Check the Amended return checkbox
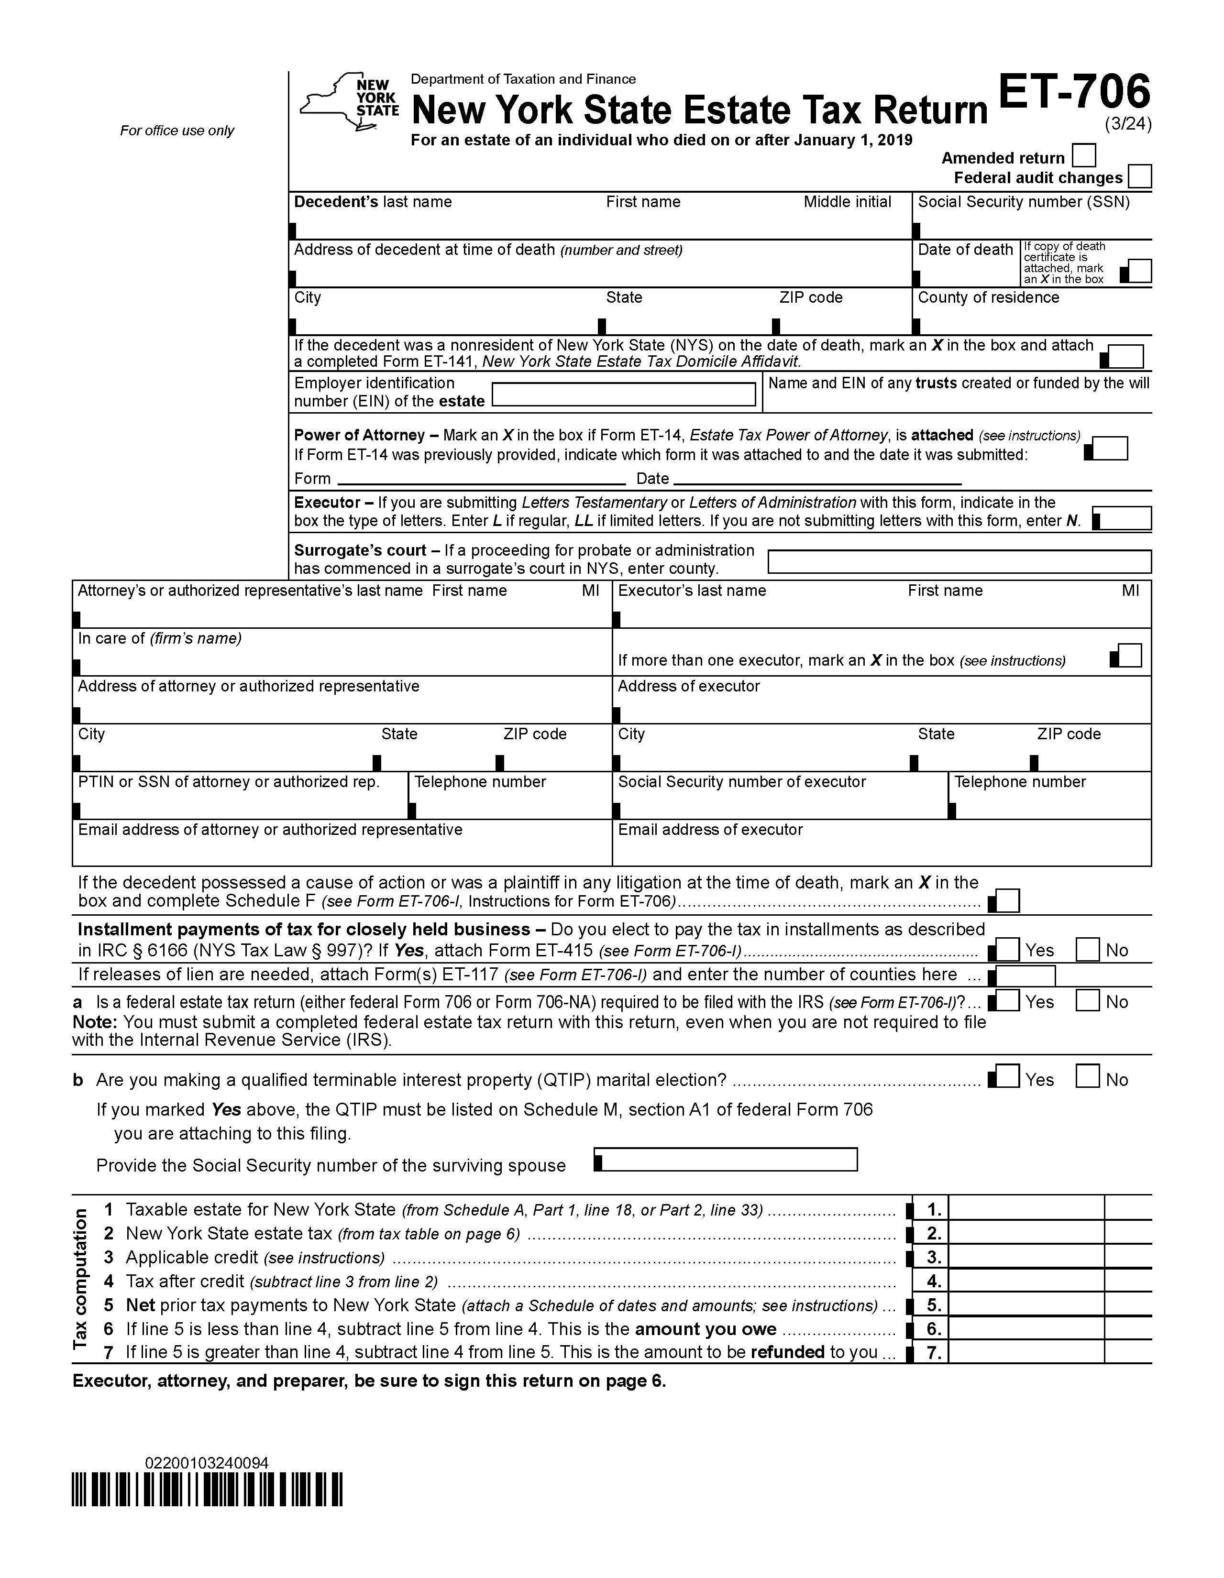[1084, 155]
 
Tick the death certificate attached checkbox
[1139, 271]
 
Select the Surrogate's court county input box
[959, 561]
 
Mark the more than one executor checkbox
[1129, 655]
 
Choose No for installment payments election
[1087, 949]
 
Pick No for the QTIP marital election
[1087, 1076]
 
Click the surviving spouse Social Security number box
[726, 1159]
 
